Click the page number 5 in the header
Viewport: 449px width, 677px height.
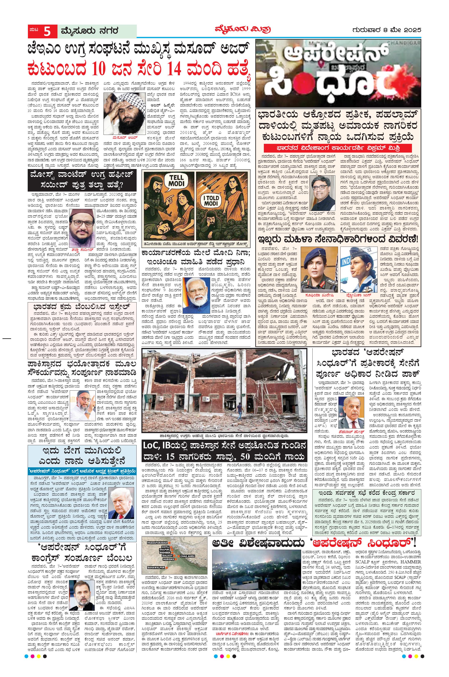47,31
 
